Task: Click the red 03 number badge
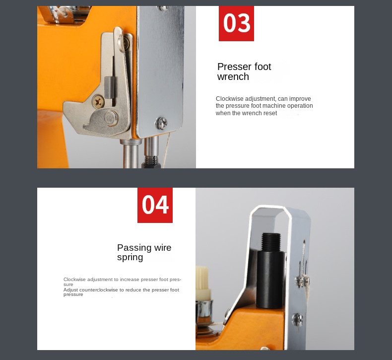tap(236, 23)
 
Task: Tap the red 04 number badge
tap(155, 205)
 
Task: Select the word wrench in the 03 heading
tap(233, 77)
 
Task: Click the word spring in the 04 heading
tap(130, 257)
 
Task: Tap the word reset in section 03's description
tap(270, 113)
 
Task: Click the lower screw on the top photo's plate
tap(161, 122)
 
